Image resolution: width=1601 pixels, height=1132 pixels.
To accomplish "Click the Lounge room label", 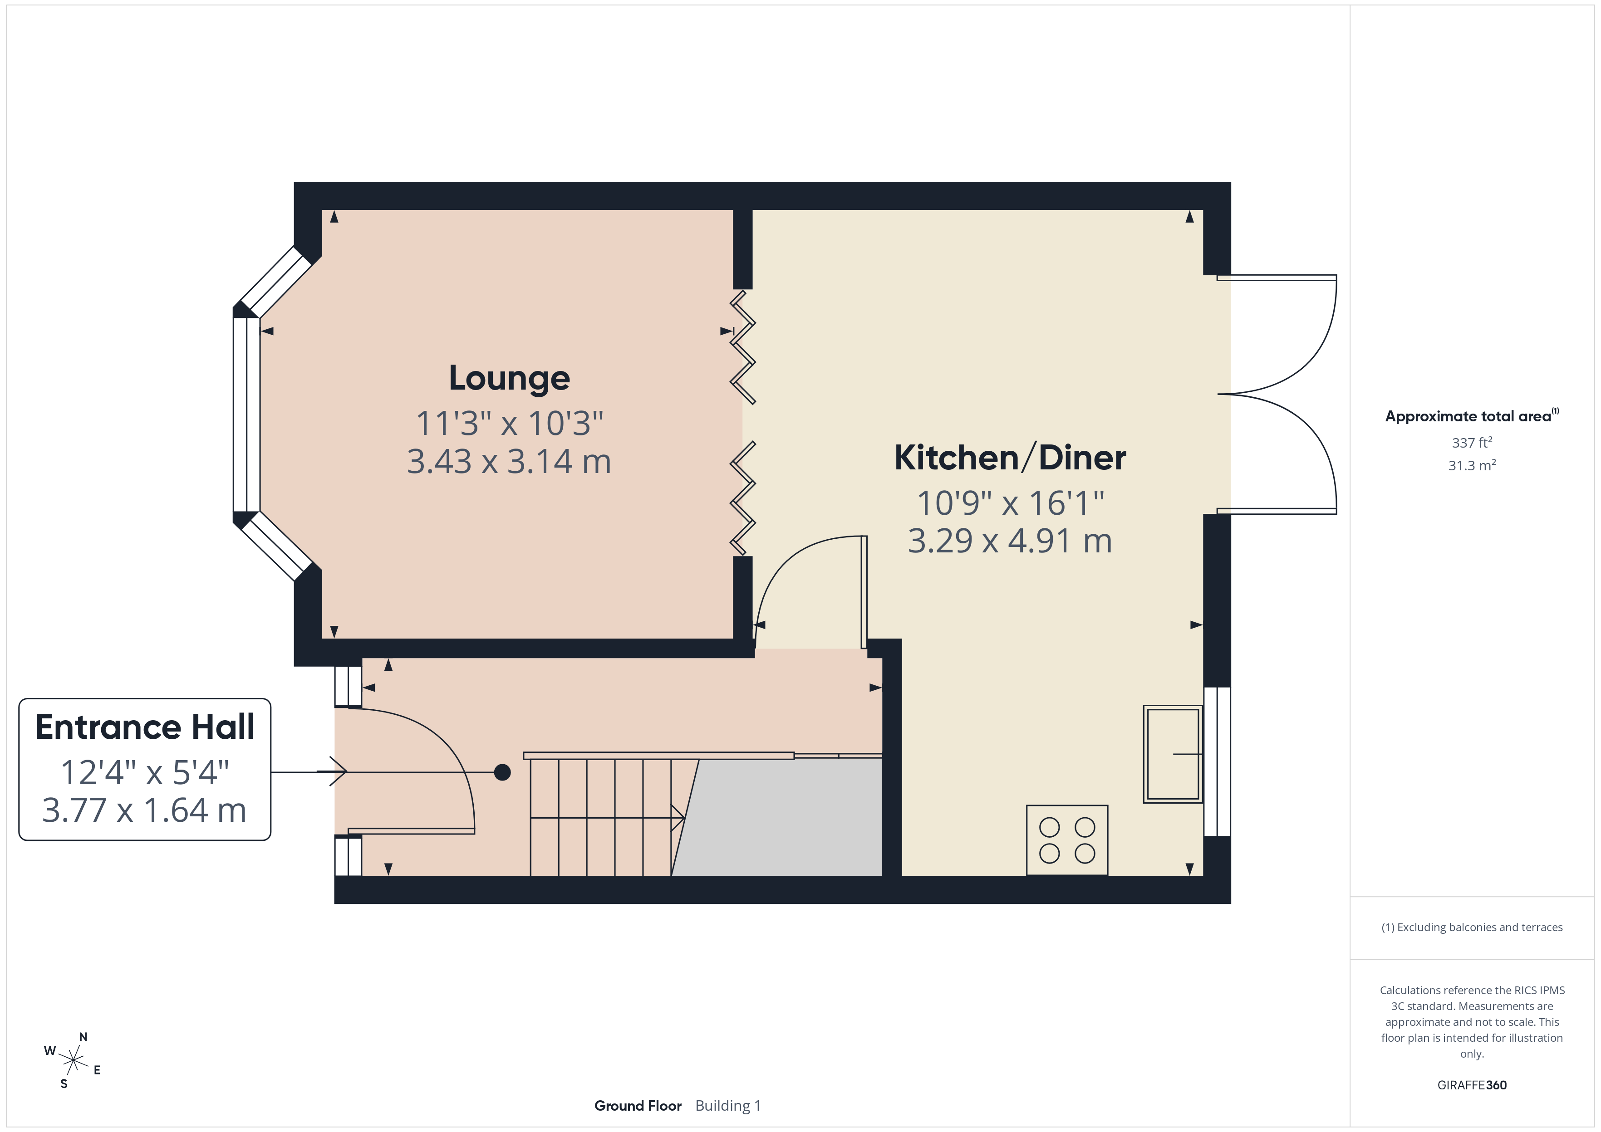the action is [509, 379].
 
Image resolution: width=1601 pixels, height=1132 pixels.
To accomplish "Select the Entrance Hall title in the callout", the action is [145, 727].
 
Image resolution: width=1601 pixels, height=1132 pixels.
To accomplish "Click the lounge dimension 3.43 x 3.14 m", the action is [509, 461].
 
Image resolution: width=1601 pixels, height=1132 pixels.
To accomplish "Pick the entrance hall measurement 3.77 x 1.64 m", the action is [144, 810].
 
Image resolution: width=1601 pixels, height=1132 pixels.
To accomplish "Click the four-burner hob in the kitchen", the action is [1067, 840].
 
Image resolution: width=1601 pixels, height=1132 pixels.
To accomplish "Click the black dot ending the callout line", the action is [502, 772].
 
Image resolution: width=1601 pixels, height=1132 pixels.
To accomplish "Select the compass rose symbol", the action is [73, 1060].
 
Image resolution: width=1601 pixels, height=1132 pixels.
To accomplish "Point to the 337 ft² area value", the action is [1472, 443].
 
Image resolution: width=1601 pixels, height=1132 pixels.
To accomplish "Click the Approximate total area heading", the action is [1471, 416].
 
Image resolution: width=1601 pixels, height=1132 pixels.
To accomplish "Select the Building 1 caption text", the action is [728, 1106].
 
